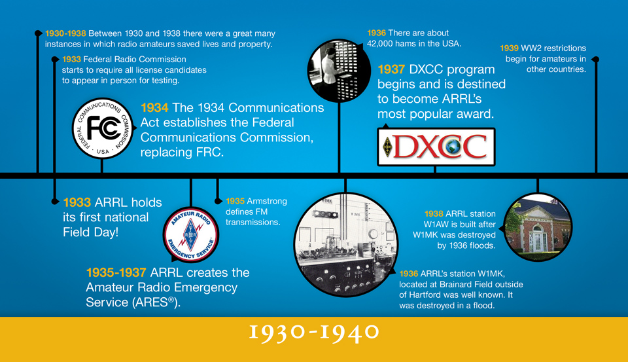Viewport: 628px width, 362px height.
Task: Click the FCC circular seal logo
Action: coord(103,129)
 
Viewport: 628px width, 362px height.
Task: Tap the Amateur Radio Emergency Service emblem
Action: coord(190,234)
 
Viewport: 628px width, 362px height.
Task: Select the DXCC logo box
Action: coord(436,147)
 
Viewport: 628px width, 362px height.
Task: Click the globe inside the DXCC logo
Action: coord(453,147)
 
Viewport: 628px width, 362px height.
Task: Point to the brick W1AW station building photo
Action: coord(538,227)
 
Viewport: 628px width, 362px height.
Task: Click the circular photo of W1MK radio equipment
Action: coord(345,245)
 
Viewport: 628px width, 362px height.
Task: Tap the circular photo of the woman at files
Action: coord(339,71)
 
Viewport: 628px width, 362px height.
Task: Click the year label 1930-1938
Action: coord(65,33)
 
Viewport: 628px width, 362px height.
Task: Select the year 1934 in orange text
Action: coord(154,108)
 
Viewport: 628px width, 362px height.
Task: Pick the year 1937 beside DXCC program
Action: coord(391,70)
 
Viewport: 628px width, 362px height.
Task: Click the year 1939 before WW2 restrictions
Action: coord(509,48)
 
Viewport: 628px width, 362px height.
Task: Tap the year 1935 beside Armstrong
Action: coord(235,201)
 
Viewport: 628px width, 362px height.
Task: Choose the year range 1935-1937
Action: coord(116,273)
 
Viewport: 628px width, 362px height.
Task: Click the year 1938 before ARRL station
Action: coord(434,214)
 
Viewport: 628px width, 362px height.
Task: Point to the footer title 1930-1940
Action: coord(314,333)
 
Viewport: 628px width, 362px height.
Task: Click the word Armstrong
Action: coord(267,201)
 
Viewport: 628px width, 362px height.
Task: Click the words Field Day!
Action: coord(90,232)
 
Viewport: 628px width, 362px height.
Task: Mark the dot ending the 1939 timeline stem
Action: coord(596,60)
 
